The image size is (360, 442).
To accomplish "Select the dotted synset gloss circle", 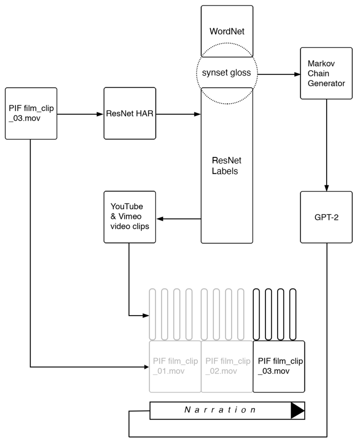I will point(227,72).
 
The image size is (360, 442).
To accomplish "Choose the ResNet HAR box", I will point(129,113).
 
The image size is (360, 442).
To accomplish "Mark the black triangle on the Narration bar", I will point(297,410).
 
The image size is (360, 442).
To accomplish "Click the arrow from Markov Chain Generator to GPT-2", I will point(326,144).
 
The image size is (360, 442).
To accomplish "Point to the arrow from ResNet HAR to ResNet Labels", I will point(178,114).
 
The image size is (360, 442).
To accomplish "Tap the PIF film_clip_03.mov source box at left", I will point(30,113).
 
